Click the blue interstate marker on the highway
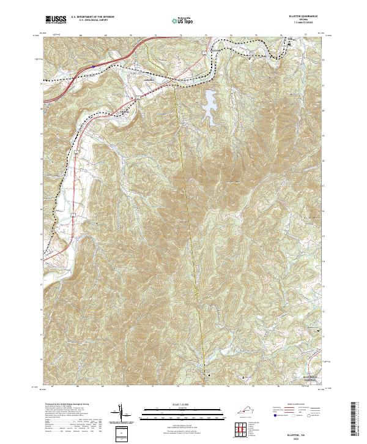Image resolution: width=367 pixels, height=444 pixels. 92,62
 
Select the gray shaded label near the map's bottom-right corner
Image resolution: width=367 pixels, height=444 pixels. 312,379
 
